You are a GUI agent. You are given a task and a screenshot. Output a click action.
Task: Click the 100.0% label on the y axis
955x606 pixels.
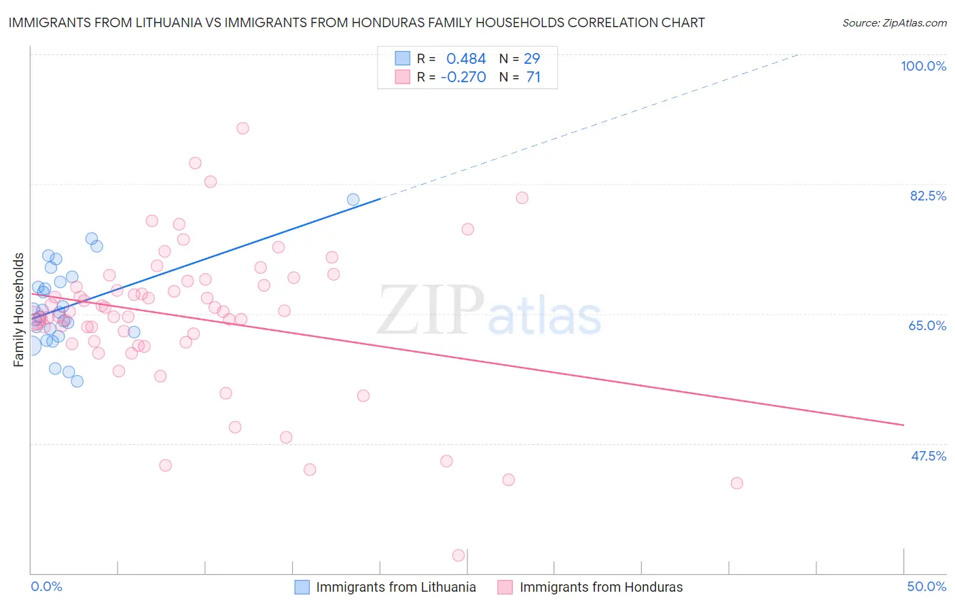pos(923,66)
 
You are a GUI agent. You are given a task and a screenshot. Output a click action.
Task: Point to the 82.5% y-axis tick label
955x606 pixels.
pos(928,196)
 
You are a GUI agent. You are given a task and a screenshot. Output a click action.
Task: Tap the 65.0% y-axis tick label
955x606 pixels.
pos(927,325)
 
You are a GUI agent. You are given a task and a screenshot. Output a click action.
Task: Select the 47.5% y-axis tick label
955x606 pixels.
pos(928,456)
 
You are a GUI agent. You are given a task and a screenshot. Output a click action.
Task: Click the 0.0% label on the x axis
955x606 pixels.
pos(46,586)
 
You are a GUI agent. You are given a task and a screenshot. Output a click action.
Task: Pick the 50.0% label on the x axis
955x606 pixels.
pos(926,586)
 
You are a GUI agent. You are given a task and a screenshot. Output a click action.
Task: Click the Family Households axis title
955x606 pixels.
pos(19,310)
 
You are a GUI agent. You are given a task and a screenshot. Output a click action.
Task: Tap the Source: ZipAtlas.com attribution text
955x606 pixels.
pos(894,23)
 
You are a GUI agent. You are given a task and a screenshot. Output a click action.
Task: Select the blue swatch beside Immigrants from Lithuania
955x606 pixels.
pos(302,587)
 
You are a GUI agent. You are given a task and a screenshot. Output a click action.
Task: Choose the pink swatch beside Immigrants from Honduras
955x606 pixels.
pos(505,587)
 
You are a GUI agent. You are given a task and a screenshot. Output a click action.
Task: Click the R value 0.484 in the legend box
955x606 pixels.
pos(466,59)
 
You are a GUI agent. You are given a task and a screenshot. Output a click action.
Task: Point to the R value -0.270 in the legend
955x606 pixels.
pos(463,77)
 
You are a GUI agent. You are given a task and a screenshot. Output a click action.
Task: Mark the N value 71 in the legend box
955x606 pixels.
pos(533,77)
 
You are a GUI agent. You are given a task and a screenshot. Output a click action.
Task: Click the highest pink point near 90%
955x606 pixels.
pos(242,128)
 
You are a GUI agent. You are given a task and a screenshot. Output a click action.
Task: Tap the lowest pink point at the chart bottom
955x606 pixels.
pos(458,556)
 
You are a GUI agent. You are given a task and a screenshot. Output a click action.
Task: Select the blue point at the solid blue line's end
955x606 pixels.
pos(353,200)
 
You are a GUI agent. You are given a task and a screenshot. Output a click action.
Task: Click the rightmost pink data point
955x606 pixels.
pos(737,483)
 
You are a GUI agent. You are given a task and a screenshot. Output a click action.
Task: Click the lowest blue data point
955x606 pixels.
pos(77,381)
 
